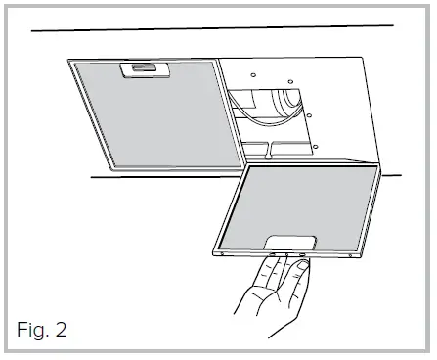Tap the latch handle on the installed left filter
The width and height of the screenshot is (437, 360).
pos(136,69)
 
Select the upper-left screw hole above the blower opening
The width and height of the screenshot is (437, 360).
pos(251,74)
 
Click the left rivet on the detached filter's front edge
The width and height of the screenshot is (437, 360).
pos(223,252)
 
